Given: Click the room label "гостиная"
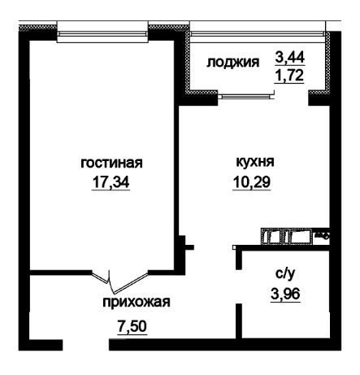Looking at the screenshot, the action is pyautogui.click(x=111, y=164).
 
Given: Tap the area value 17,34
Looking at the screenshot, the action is pyautogui.click(x=111, y=181).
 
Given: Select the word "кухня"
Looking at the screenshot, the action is pyautogui.click(x=255, y=162).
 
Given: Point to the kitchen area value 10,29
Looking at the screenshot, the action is pyautogui.click(x=252, y=181).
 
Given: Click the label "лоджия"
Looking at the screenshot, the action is pyautogui.click(x=233, y=63).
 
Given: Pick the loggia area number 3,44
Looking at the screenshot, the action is pyautogui.click(x=290, y=57).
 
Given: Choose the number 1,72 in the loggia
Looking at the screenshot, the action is pyautogui.click(x=289, y=76).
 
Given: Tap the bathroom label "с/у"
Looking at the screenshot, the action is pyautogui.click(x=285, y=274).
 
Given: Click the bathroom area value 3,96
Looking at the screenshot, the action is pyautogui.click(x=285, y=294).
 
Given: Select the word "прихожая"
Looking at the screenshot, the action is pyautogui.click(x=137, y=302).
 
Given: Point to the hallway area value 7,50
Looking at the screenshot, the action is pyautogui.click(x=132, y=326).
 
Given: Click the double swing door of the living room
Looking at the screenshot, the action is pyautogui.click(x=120, y=282).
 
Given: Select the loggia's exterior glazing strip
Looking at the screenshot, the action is pyautogui.click(x=258, y=33).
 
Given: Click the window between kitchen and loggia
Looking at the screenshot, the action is pyautogui.click(x=246, y=95).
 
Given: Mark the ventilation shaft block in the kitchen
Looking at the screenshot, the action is pyautogui.click(x=287, y=236).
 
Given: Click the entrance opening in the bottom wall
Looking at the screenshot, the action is pyautogui.click(x=85, y=345).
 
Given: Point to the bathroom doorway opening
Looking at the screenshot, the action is pyautogui.click(x=238, y=286).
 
